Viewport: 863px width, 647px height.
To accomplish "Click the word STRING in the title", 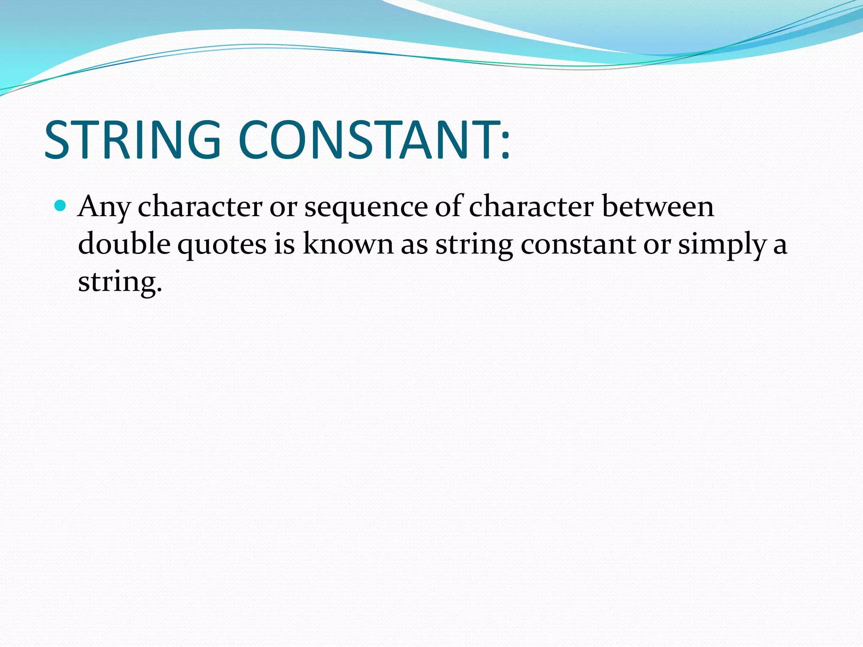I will click(132, 140).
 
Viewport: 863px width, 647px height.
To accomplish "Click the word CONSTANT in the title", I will click(365, 140).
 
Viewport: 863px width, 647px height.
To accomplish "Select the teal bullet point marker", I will click(61, 206).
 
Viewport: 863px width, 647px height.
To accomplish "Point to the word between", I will click(658, 206).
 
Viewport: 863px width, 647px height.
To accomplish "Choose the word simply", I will click(722, 245).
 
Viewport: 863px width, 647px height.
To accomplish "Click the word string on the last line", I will click(117, 282).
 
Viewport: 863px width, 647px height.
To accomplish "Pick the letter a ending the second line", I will click(780, 246).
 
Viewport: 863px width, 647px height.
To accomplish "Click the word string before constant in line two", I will click(474, 245).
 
